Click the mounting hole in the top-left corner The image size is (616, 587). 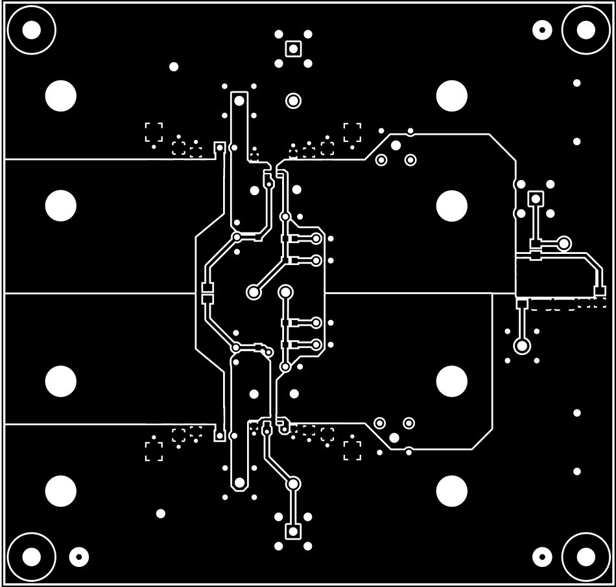pyautogui.click(x=30, y=29)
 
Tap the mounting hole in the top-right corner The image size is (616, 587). pyautogui.click(x=586, y=29)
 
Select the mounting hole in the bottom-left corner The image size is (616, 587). pyautogui.click(x=30, y=556)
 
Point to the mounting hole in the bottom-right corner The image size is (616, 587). pyautogui.click(x=586, y=556)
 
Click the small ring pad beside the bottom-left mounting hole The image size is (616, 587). pyautogui.click(x=79, y=556)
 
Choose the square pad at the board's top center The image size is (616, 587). pyautogui.click(x=293, y=49)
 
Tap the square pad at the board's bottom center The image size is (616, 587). pyautogui.click(x=293, y=531)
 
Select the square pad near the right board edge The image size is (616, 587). pyautogui.click(x=536, y=198)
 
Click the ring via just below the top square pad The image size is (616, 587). pyautogui.click(x=293, y=100)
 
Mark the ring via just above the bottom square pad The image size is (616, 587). pyautogui.click(x=293, y=483)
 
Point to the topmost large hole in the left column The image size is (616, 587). pyautogui.click(x=61, y=97)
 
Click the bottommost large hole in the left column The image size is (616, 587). pyautogui.click(x=61, y=491)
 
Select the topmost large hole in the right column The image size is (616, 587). pyautogui.click(x=452, y=97)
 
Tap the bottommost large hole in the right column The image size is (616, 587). pyautogui.click(x=452, y=491)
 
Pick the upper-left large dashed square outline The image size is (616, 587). pyautogui.click(x=154, y=132)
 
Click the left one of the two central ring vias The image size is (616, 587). pyautogui.click(x=254, y=292)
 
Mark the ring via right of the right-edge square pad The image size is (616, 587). pyautogui.click(x=564, y=244)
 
